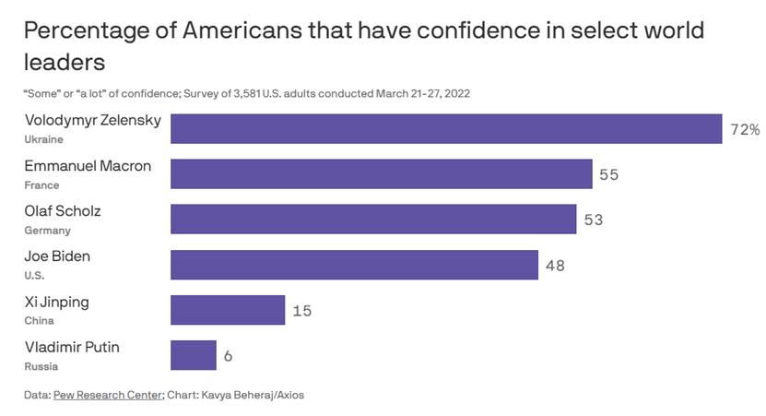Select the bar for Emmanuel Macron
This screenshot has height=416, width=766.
tap(382, 174)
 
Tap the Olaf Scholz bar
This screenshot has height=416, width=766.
tap(374, 220)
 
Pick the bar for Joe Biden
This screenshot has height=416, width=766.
tap(355, 265)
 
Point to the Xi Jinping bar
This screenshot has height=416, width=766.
tap(229, 310)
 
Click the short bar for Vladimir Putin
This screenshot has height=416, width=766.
tap(194, 355)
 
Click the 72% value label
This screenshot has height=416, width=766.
tap(745, 130)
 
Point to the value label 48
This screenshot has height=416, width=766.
tap(555, 266)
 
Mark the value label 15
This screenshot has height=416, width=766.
tap(302, 311)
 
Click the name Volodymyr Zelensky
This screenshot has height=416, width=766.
tap(92, 121)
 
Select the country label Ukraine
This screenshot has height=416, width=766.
tap(42, 139)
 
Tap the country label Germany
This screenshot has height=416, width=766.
tap(47, 230)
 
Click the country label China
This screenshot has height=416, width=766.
tap(39, 320)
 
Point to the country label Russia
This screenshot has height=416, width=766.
tap(41, 365)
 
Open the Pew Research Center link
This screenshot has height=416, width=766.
tap(108, 395)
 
